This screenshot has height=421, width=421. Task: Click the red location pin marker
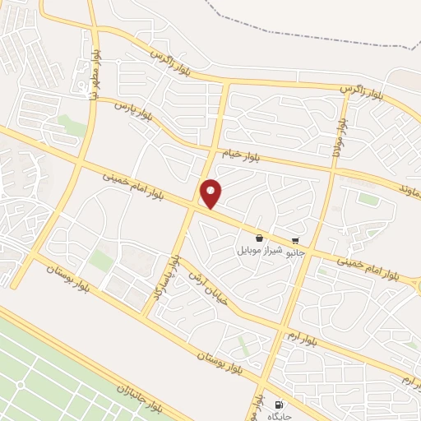point(212,193)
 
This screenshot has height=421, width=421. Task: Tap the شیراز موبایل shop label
point(260,248)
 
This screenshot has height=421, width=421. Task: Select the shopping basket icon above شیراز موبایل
point(260,237)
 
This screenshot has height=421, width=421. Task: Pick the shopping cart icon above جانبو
point(295,241)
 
